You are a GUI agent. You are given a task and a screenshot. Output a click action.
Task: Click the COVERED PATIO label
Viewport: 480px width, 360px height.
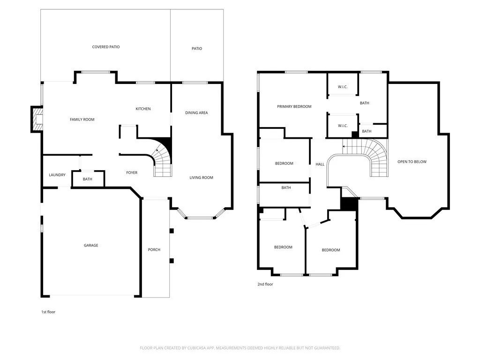point(105,47)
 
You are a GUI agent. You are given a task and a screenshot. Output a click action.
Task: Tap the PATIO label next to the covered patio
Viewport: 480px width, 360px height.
point(197,49)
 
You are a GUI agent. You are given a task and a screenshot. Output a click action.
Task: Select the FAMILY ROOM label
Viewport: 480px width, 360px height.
point(82,120)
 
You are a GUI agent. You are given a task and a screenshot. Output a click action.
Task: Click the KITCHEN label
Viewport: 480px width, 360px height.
point(143,109)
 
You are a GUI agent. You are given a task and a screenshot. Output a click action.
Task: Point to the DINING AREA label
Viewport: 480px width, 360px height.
point(196,113)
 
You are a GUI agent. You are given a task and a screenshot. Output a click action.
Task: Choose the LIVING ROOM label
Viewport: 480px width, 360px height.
point(201,178)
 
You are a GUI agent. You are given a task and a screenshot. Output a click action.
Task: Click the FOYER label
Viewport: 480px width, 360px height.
point(132,173)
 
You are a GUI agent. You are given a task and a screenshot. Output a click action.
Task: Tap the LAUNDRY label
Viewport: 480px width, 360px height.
point(57,175)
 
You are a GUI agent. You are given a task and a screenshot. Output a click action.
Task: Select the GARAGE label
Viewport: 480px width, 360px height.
point(91,246)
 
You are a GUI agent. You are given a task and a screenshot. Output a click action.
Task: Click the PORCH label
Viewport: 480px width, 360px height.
point(154,250)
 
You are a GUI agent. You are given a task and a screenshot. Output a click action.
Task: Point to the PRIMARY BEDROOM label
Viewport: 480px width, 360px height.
point(294,107)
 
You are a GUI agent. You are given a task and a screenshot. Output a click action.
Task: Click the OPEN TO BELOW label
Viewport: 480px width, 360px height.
point(412,162)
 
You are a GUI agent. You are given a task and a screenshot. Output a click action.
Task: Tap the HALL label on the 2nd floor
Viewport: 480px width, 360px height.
point(320,165)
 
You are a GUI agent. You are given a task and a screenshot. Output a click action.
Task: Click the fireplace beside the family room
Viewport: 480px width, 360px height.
point(37,120)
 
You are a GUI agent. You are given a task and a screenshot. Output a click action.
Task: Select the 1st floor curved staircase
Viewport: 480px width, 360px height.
point(162,159)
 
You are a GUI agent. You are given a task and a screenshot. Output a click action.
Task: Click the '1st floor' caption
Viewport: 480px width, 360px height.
point(48,312)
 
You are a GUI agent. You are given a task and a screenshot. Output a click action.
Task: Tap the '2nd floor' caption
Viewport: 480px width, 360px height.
point(265,284)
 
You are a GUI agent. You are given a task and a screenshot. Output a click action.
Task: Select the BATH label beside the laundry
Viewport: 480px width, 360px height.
point(88,180)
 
